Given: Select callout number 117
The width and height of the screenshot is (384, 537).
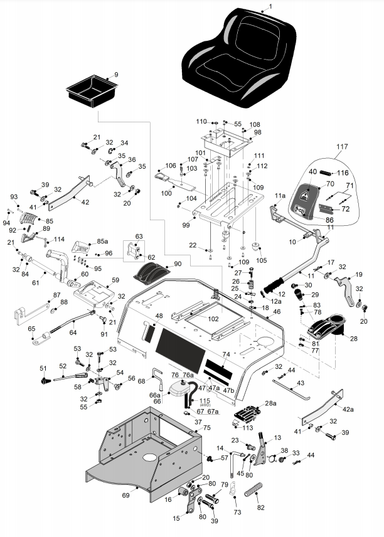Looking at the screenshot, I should click(x=341, y=147).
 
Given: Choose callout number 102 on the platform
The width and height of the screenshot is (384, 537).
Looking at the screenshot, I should click(x=214, y=319).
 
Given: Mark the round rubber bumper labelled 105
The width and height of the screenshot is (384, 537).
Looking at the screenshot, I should click(x=255, y=245).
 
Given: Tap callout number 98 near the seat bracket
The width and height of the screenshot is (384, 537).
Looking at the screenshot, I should click(x=257, y=132).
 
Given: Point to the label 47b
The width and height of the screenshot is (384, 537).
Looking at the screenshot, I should click(x=228, y=390).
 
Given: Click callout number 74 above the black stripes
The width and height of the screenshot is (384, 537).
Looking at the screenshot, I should click(x=227, y=354).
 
